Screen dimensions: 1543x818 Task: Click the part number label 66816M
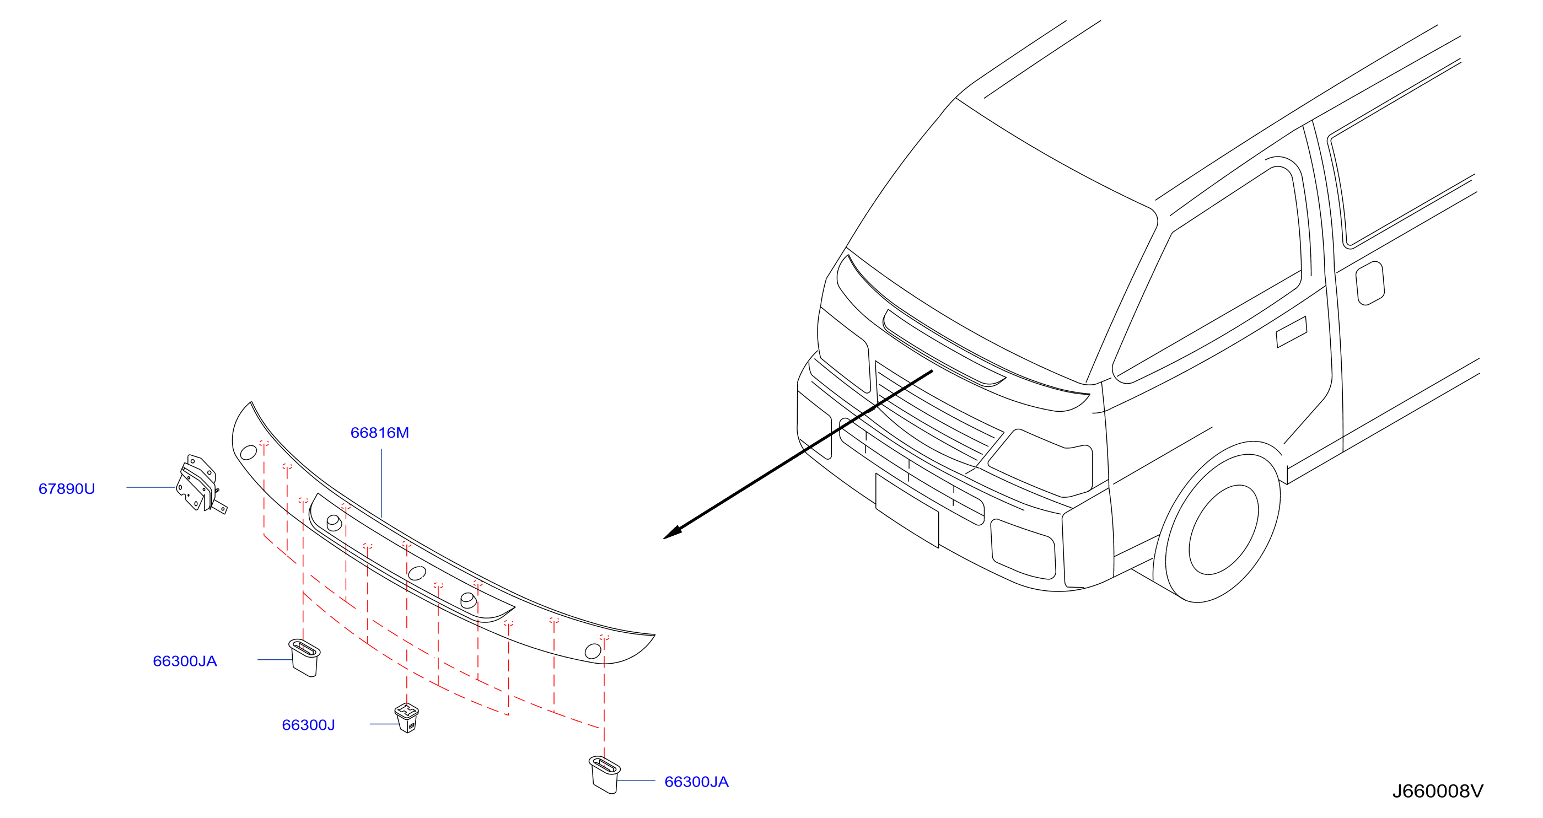tap(379, 432)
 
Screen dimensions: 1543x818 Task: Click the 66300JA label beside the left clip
tap(185, 661)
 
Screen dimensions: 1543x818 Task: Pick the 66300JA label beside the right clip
tap(696, 782)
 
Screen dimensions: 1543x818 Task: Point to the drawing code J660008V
tap(1437, 791)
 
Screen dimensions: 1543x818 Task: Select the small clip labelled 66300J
tap(407, 717)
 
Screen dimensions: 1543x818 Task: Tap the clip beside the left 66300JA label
tap(304, 658)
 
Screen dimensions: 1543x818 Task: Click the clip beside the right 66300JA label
tap(604, 774)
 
